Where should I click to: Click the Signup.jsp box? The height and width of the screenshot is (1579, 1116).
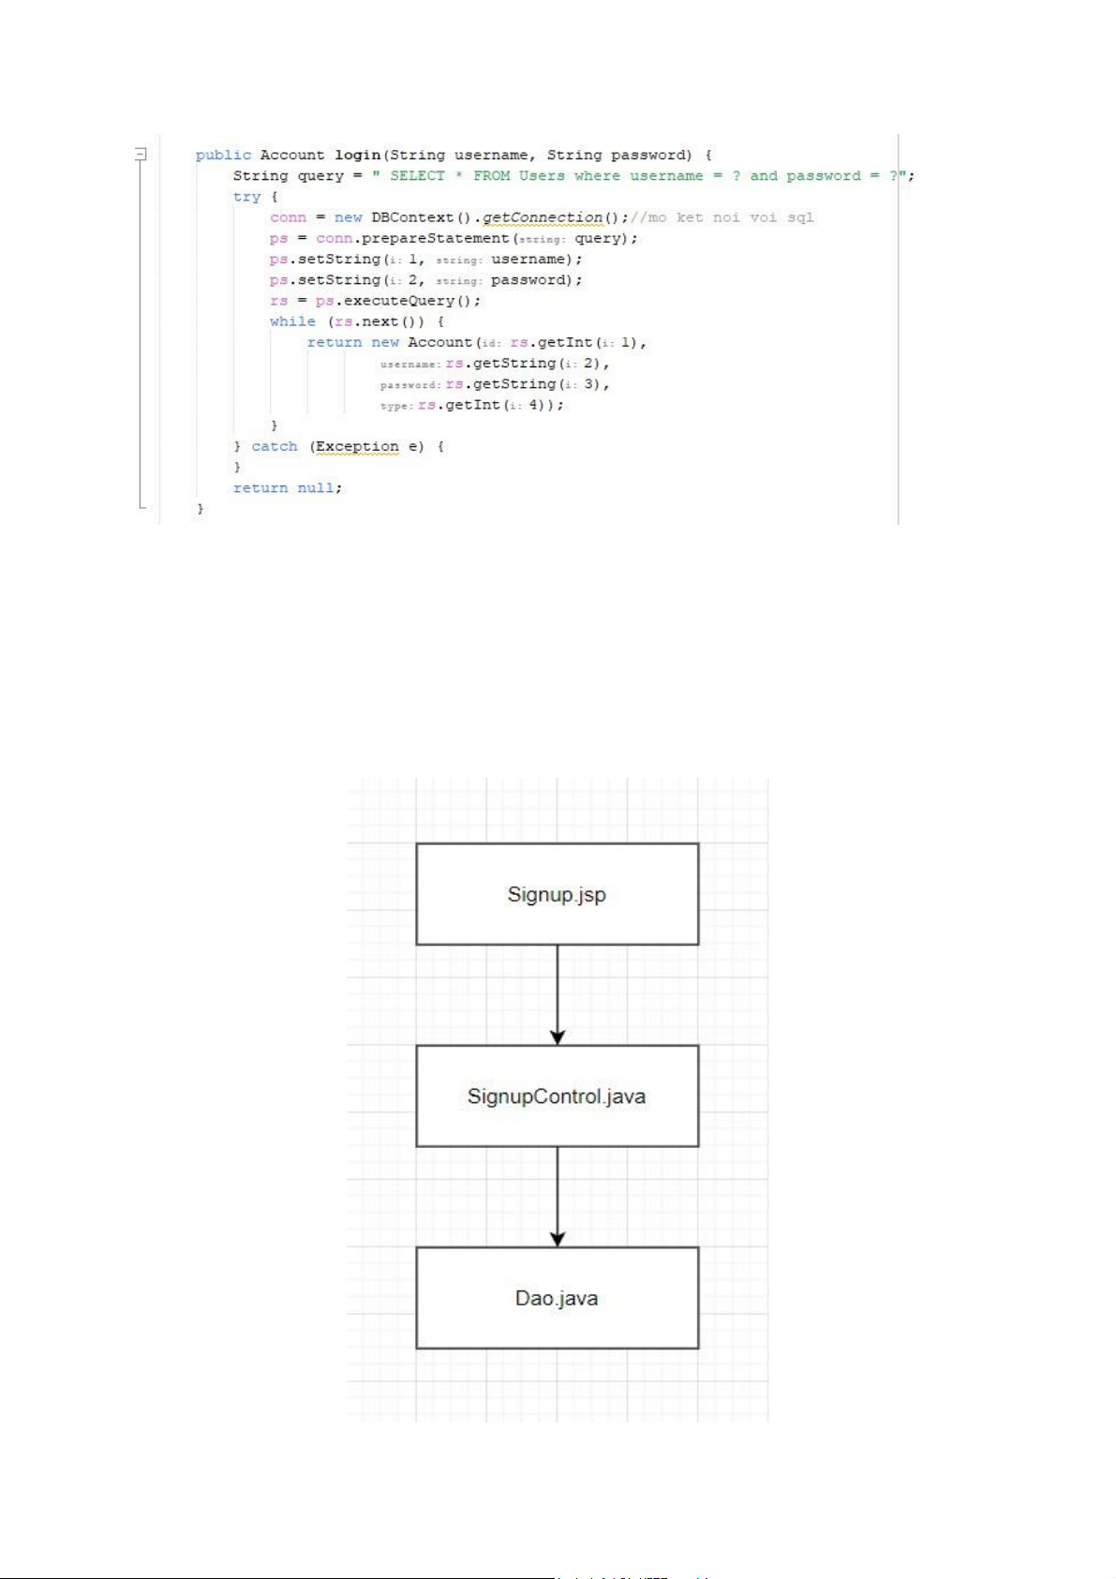(557, 894)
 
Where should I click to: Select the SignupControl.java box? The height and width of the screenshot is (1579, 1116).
(557, 1095)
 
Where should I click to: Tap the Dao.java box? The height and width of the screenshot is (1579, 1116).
(557, 1298)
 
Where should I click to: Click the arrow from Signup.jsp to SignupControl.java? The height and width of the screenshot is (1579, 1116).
(558, 993)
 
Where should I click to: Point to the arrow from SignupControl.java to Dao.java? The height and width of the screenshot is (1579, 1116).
(558, 1196)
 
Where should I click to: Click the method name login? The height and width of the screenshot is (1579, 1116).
(358, 156)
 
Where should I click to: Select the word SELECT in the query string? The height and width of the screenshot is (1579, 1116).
(417, 176)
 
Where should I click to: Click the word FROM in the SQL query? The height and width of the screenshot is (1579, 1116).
(491, 176)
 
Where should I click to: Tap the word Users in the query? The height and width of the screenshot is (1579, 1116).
(542, 176)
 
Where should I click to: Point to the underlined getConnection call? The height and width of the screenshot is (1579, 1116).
(543, 217)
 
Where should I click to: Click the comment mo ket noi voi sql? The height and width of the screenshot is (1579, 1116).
(722, 217)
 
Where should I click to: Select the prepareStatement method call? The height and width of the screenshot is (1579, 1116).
(435, 239)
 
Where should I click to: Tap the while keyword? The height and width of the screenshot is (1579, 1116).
(292, 321)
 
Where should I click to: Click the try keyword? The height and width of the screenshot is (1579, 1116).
(246, 197)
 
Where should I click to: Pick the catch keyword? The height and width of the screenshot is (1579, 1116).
(275, 447)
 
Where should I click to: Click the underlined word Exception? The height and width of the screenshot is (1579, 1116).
(357, 447)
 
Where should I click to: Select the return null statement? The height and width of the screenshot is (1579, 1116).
(288, 488)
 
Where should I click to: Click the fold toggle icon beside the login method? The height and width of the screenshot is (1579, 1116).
(141, 153)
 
